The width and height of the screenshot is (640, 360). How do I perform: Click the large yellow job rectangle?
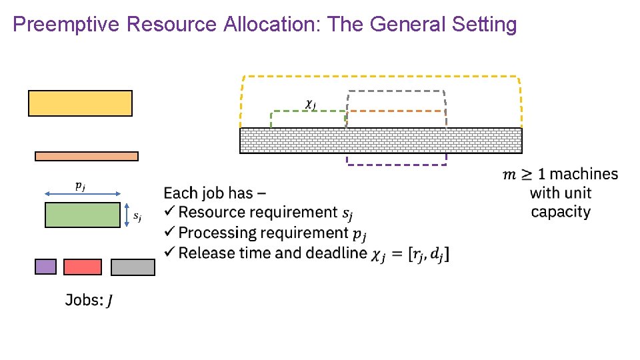tap(80, 103)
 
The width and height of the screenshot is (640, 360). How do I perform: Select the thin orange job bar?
tap(87, 156)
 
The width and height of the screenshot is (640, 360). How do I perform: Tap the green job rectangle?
tap(83, 215)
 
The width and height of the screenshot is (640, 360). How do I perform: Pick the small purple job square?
tap(45, 267)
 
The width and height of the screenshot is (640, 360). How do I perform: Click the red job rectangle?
tap(83, 267)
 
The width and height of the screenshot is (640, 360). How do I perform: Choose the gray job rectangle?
tap(133, 267)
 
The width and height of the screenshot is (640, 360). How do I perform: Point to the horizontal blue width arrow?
tap(83, 194)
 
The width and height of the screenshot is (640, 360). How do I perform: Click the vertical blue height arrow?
tap(127, 215)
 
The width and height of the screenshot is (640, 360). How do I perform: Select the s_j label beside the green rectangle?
tap(137, 216)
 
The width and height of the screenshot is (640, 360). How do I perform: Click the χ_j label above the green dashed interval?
tap(310, 103)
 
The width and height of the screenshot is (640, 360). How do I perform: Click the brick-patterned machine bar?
tap(381, 141)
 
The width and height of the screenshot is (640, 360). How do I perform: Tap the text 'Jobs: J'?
tap(89, 300)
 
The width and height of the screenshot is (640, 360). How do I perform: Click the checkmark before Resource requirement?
tap(170, 212)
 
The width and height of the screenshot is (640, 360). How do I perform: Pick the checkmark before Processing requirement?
tap(170, 232)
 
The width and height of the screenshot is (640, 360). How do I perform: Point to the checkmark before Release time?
tap(170, 253)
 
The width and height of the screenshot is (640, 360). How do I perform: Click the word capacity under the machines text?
tap(561, 212)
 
